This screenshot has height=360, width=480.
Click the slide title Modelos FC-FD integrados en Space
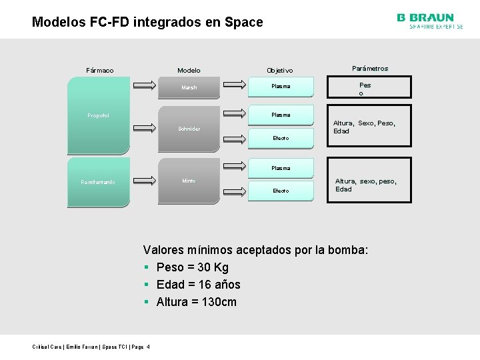147,22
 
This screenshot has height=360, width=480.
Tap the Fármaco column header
100,70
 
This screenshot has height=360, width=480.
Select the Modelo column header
189,70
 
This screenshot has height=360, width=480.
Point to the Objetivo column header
280,70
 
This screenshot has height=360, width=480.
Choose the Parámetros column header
369,68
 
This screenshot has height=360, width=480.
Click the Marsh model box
189,87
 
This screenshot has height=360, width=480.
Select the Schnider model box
189,129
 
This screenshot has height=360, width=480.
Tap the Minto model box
189,181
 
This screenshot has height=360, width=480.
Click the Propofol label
99,115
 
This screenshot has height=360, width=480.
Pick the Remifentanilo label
99,181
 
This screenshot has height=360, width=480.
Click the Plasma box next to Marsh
281,86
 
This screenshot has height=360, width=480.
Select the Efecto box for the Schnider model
281,138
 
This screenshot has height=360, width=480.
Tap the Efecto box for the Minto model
281,191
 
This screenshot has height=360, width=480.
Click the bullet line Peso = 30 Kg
192,267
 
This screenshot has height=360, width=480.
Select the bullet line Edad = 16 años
198,285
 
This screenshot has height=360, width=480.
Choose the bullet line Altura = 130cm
196,302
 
